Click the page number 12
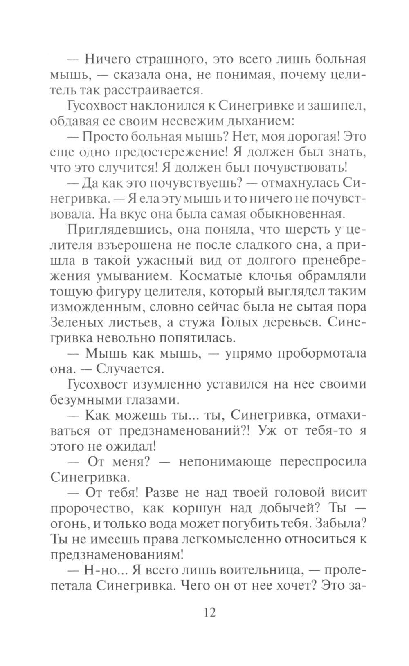click(209, 612)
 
